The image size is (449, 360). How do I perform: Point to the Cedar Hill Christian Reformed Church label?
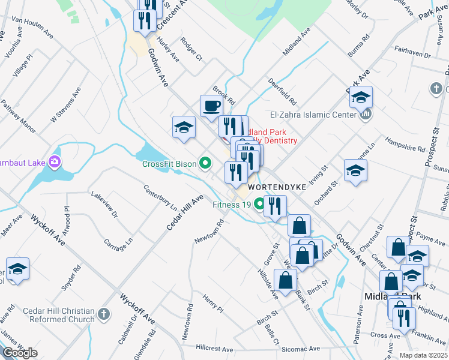point(59,315)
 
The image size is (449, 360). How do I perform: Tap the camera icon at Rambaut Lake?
point(55,161)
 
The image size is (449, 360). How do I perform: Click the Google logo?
point(20,353)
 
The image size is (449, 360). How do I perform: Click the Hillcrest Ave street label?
point(214,349)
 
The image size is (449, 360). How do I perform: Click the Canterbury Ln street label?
point(160,197)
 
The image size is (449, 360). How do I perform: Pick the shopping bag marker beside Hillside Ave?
point(285,280)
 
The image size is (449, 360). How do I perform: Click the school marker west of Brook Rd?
point(184,127)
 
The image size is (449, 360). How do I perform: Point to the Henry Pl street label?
point(212,305)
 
